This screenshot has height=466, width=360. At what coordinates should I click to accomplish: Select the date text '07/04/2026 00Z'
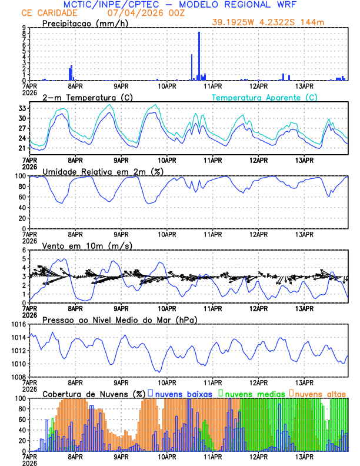click(x=139, y=13)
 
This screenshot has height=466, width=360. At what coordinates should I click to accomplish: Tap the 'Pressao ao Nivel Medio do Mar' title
click(x=119, y=319)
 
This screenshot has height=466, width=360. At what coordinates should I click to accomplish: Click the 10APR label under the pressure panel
click(x=167, y=382)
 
